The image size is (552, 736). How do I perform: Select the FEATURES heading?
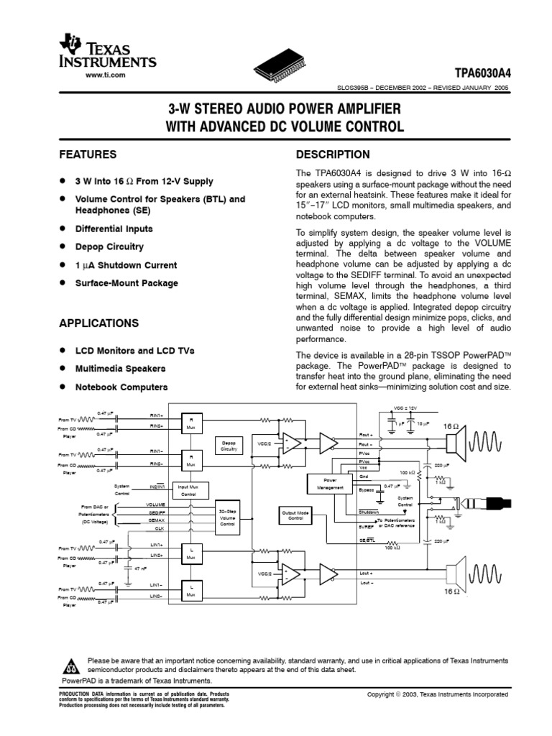pos(88,155)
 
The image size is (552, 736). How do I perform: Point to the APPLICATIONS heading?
pos(98,323)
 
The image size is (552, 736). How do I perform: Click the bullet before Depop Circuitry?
pos(63,247)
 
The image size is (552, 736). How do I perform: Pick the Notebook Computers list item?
pos(121,387)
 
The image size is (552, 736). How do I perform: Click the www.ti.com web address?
pos(106,75)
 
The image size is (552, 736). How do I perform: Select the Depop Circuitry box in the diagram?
pos(229,445)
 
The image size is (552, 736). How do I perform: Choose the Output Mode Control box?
pos(296,515)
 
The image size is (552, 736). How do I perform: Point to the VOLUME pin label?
pos(156,505)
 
